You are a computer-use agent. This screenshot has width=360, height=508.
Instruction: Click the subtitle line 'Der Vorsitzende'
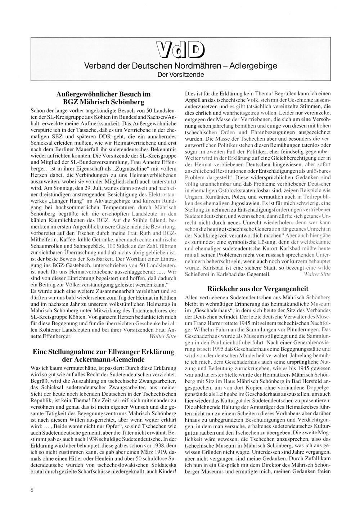click(180, 75)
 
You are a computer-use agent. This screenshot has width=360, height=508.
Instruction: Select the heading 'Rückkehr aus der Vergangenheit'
click(258, 289)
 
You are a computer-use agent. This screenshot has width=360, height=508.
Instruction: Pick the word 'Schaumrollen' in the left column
click(47, 246)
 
